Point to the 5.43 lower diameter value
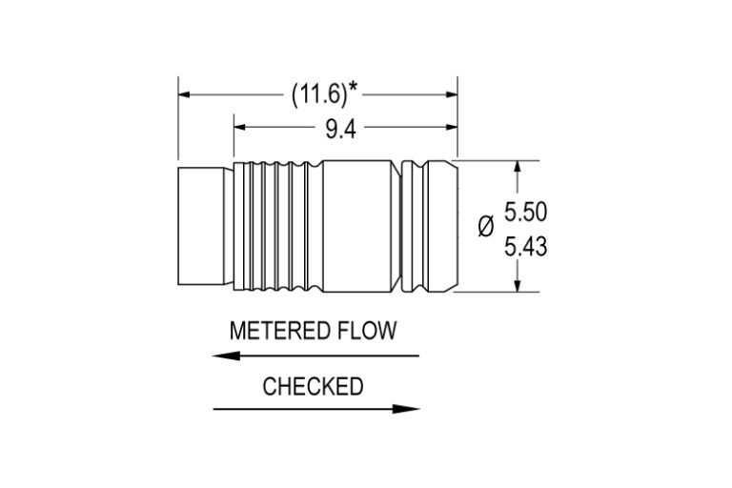tap(524, 247)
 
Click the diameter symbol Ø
tap(485, 226)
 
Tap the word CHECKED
tap(313, 386)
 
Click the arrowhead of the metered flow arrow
tap(222, 356)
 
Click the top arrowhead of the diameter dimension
tap(518, 167)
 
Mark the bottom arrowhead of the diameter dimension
tap(518, 285)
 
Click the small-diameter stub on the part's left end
tap(204, 227)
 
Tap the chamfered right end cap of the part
tap(440, 227)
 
